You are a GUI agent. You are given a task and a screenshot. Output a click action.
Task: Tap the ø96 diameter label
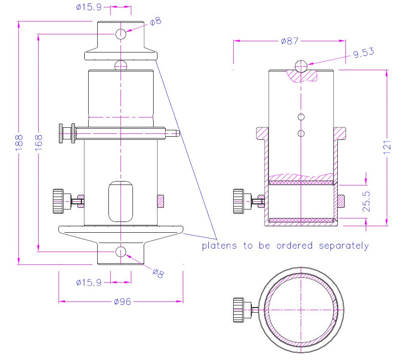tap(122, 302)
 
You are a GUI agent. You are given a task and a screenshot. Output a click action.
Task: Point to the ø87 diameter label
tap(289, 41)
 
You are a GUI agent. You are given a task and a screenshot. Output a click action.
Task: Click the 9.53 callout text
tap(363, 52)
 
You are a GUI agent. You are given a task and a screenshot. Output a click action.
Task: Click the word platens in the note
tap(219, 246)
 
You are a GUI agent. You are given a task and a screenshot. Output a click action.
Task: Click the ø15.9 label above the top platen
tap(89, 7)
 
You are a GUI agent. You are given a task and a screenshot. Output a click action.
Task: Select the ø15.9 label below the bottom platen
tap(89, 283)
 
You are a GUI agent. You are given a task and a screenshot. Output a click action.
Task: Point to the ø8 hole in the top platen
tap(121, 34)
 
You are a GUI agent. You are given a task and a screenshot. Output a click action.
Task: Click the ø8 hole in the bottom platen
tap(121, 252)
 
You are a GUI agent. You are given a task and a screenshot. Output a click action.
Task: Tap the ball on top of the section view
tap(301, 66)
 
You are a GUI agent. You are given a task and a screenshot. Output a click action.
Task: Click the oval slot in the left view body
tap(121, 201)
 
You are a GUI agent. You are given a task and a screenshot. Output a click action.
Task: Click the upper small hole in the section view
tap(301, 117)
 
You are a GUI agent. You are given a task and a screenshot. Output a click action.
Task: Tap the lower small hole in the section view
tap(301, 133)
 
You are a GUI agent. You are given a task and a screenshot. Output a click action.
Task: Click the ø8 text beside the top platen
tap(155, 21)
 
